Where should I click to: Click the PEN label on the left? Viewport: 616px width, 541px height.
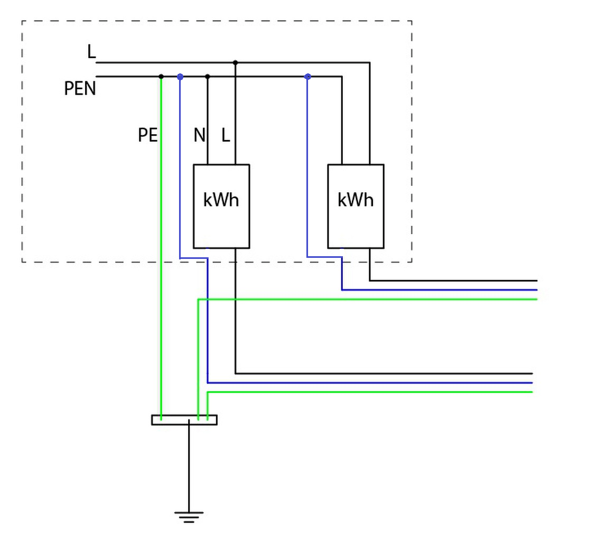click(80, 88)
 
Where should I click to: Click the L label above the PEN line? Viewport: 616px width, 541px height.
click(91, 51)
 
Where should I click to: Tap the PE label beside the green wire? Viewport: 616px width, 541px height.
click(148, 135)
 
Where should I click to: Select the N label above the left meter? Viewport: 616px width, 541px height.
click(200, 135)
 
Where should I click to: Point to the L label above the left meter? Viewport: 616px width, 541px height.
click(226, 135)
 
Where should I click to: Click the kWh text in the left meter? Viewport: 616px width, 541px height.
click(221, 200)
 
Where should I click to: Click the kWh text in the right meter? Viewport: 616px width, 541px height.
click(356, 200)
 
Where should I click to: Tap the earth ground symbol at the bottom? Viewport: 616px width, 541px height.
click(189, 517)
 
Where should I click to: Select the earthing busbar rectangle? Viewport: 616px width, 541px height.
click(184, 420)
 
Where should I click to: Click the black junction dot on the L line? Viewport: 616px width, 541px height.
click(235, 62)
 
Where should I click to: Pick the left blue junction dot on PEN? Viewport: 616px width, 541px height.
click(180, 77)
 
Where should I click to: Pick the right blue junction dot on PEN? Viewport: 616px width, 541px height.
click(307, 77)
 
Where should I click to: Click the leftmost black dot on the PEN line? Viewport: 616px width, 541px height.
click(161, 77)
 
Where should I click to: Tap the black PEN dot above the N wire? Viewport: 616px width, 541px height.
click(208, 77)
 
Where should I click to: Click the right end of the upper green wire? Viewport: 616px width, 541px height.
click(537, 300)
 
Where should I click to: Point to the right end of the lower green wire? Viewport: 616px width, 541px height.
click(532, 392)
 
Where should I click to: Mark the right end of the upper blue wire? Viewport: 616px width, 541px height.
click(537, 290)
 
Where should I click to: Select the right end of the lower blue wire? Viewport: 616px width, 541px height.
click(532, 383)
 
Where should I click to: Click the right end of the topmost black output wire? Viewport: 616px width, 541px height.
click(537, 281)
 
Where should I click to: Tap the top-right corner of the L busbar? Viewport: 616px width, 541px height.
click(370, 62)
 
